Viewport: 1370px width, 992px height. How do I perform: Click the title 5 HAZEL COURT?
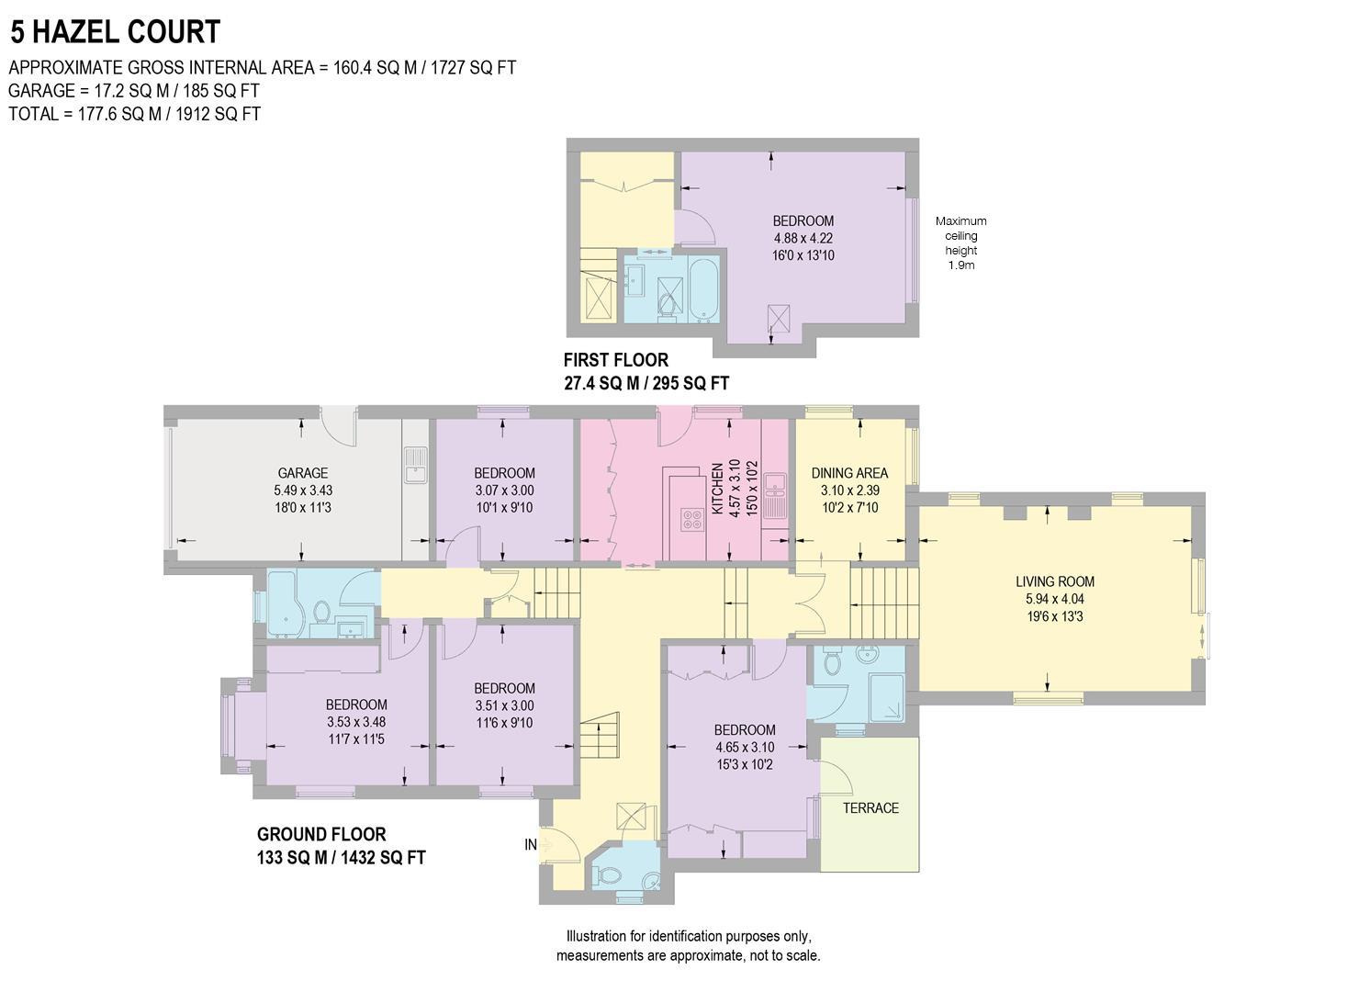pyautogui.click(x=116, y=32)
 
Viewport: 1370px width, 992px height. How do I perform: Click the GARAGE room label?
pyautogui.click(x=302, y=474)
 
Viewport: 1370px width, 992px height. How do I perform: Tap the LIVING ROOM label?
pyautogui.click(x=1054, y=581)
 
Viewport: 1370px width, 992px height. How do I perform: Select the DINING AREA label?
pyautogui.click(x=849, y=474)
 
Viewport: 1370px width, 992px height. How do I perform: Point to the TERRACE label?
pyautogui.click(x=870, y=808)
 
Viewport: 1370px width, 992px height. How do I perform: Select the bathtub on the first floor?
pyautogui.click(x=705, y=289)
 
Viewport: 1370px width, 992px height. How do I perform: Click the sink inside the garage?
pyautogui.click(x=413, y=465)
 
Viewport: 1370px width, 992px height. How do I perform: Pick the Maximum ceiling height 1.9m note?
pyautogui.click(x=961, y=242)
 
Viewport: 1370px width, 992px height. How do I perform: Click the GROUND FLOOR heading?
pyautogui.click(x=320, y=834)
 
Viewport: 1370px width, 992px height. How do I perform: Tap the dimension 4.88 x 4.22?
pyautogui.click(x=803, y=238)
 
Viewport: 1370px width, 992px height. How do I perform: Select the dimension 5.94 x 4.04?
pyautogui.click(x=1054, y=599)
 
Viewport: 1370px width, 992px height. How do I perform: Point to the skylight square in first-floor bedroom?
pyautogui.click(x=779, y=319)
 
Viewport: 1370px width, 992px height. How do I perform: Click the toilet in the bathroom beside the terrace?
pyautogui.click(x=833, y=662)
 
